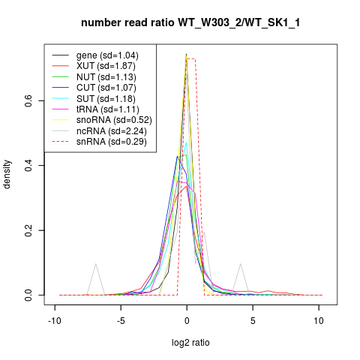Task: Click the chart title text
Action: click(190, 22)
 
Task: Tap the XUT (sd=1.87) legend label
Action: click(106, 66)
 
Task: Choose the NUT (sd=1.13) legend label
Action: click(106, 77)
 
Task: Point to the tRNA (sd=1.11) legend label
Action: click(108, 109)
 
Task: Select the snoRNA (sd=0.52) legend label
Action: click(114, 120)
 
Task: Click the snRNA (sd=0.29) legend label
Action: click(112, 142)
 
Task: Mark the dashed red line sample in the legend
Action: click(60, 142)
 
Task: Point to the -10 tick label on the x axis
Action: click(55, 321)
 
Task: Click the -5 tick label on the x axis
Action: click(121, 321)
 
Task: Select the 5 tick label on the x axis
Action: click(253, 321)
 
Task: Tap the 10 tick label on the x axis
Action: click(319, 321)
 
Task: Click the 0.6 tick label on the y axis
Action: click(29, 100)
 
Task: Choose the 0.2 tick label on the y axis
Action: click(29, 230)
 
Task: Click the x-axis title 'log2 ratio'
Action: click(190, 343)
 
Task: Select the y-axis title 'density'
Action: click(7, 174)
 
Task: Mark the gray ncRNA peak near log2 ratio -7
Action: click(95, 264)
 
